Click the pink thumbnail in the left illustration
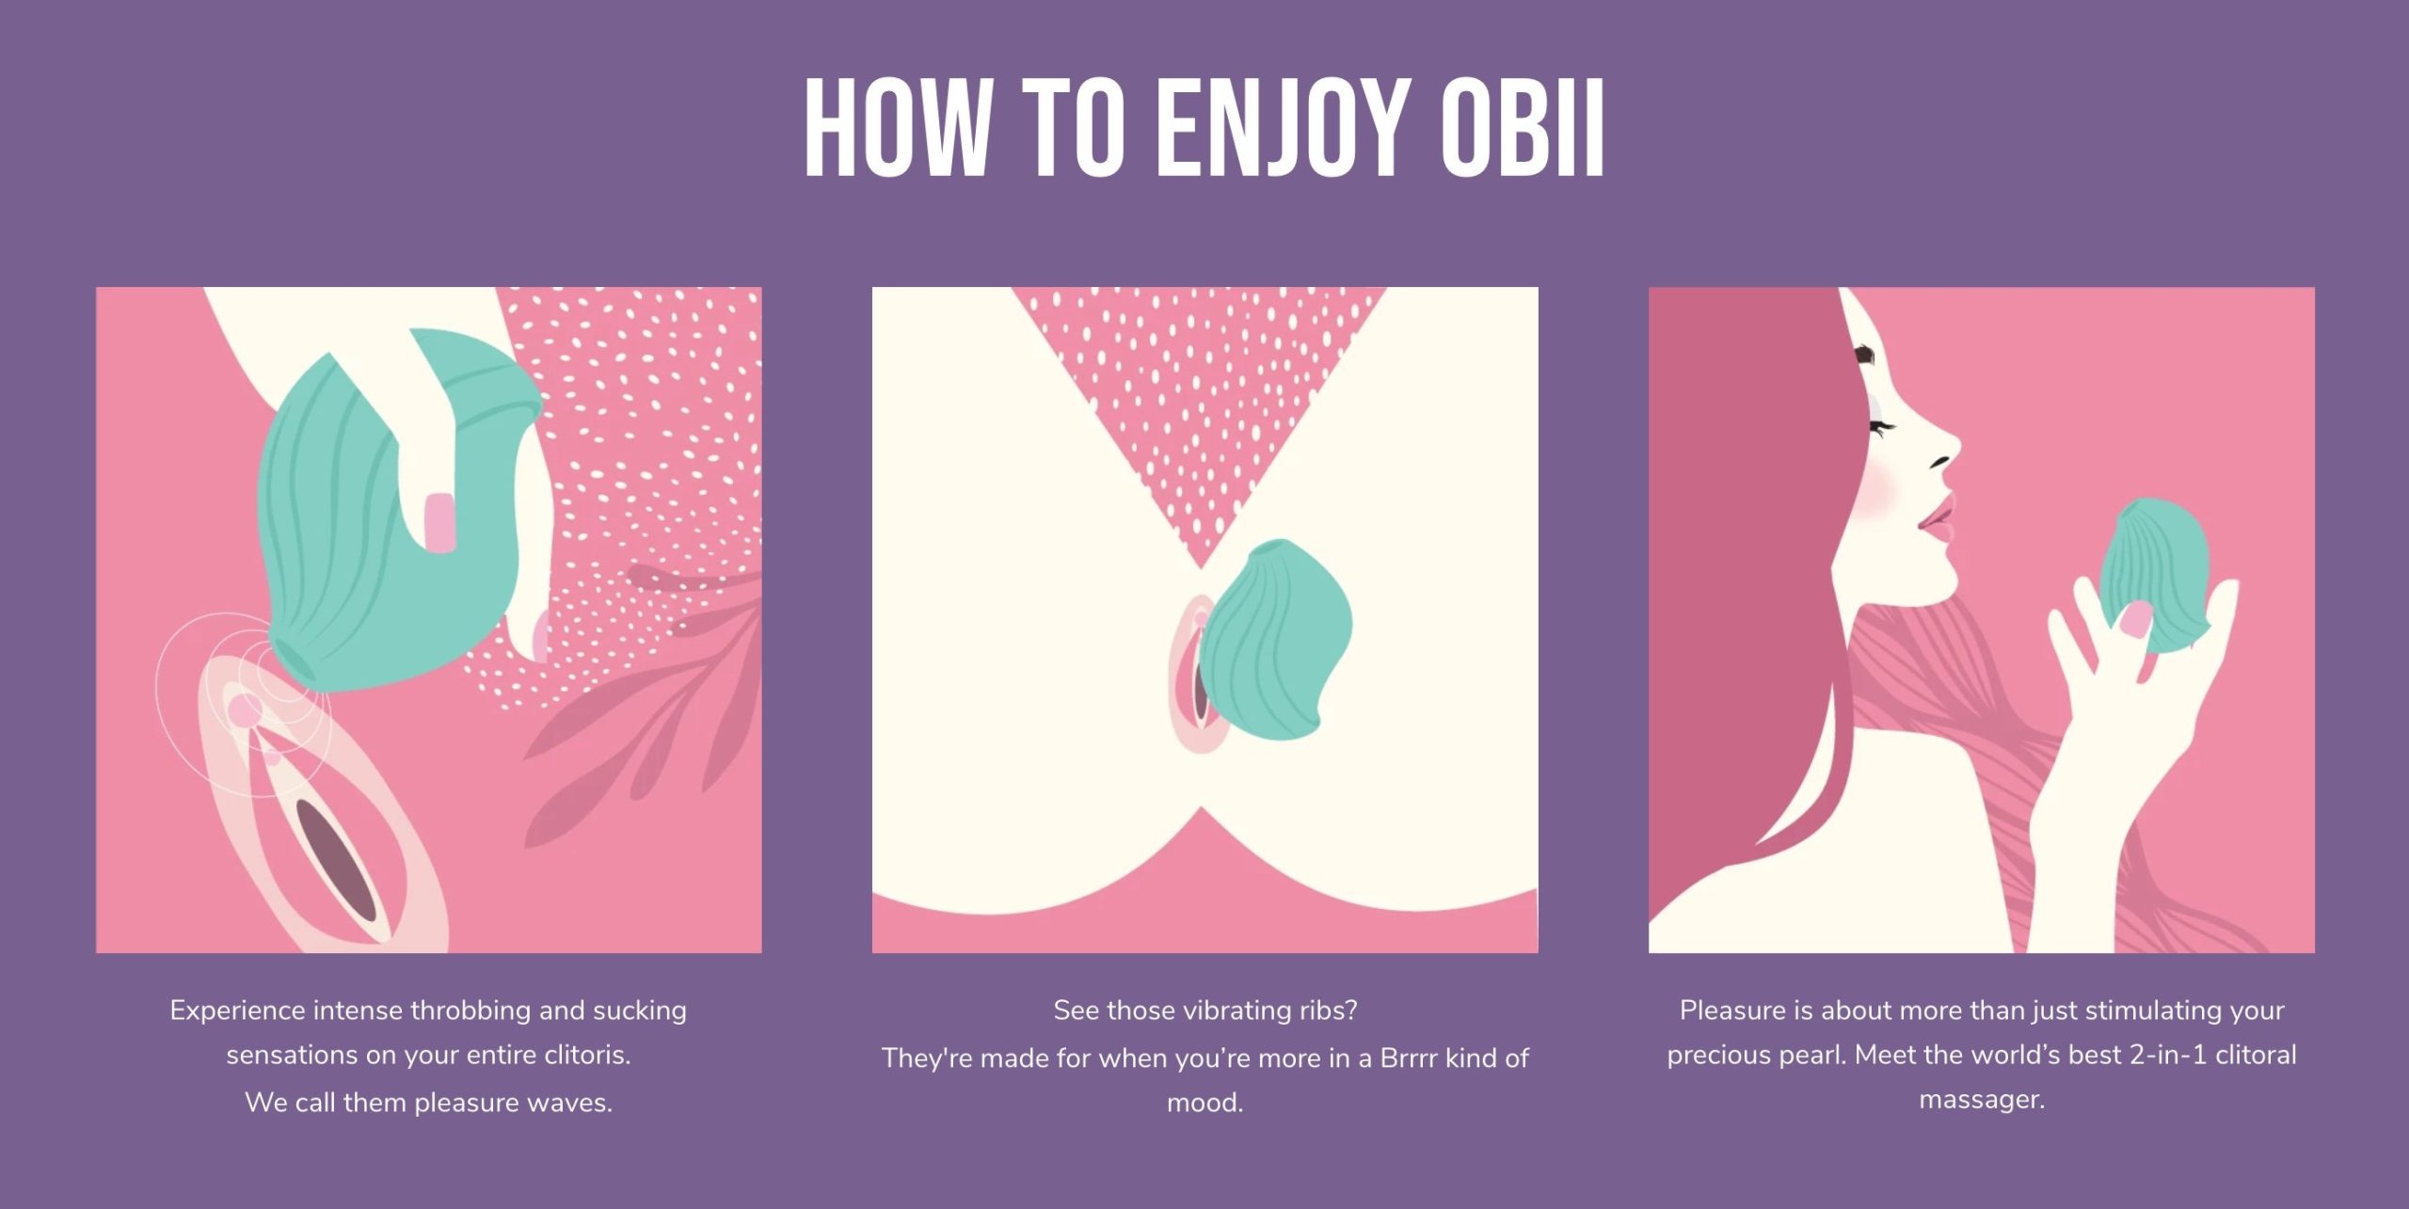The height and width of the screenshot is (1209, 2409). coord(439,523)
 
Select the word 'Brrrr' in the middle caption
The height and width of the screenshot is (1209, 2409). coord(1409,1058)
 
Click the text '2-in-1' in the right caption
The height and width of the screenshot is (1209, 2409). coord(2168,1054)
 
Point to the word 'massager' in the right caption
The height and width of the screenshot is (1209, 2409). coord(1980,1100)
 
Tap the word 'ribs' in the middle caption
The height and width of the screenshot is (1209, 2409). coord(1326,1010)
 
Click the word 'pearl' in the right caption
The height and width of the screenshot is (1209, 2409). coord(1815,1056)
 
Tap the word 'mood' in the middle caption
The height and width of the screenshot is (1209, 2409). coord(1204,1102)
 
